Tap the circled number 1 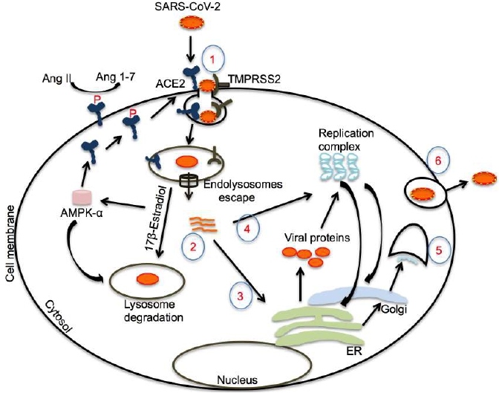212,57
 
